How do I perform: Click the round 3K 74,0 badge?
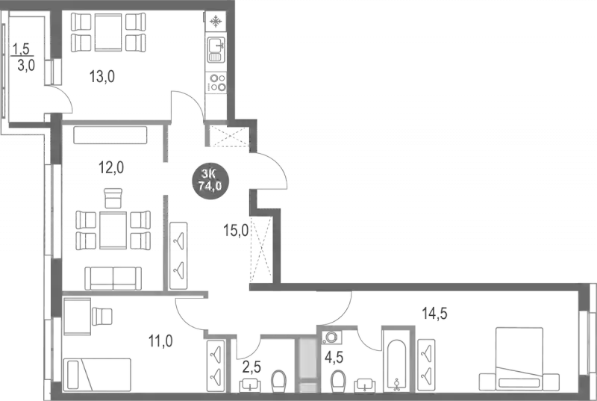click(210, 181)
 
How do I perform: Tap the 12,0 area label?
click(111, 167)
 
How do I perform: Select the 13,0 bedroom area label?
click(160, 344)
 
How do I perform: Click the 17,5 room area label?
click(434, 313)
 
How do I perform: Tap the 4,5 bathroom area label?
click(336, 359)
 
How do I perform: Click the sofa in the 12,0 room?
click(110, 276)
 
